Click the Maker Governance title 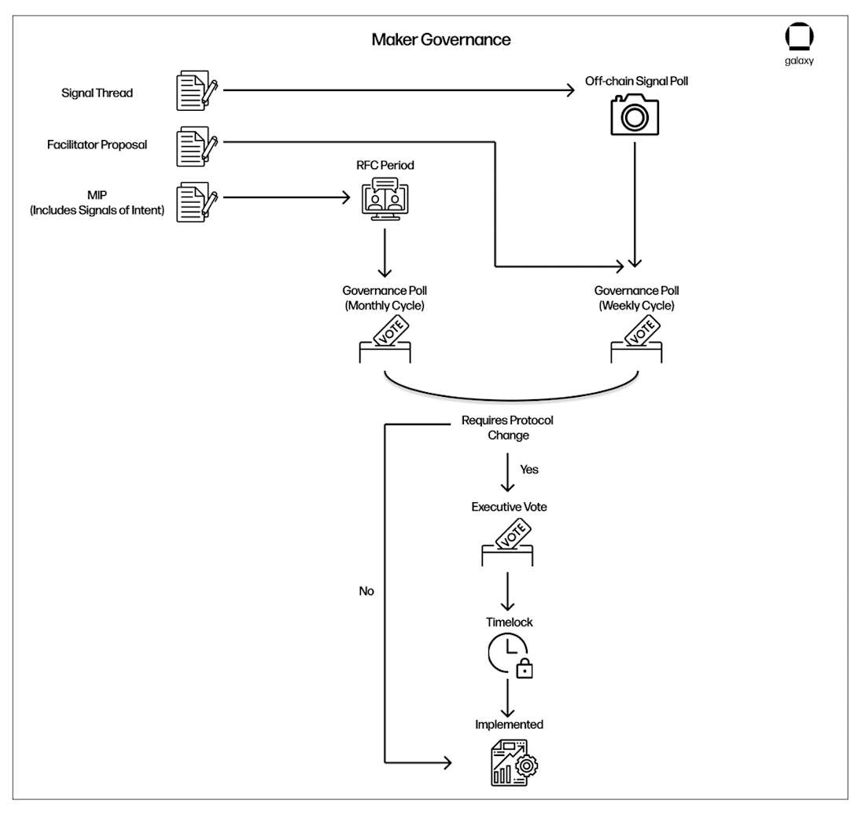(440, 39)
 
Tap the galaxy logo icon (799, 38)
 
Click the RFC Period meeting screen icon (385, 199)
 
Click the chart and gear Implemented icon (510, 762)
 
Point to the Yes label (529, 469)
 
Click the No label (366, 591)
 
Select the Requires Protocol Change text (507, 428)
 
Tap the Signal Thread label (98, 93)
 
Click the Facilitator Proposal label (98, 145)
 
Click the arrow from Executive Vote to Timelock (509, 589)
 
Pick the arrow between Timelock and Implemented (509, 696)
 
